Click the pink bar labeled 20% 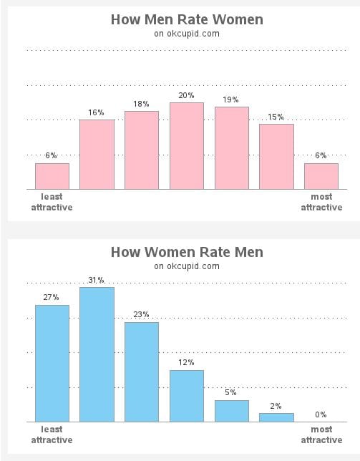[187, 146]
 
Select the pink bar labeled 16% [97, 155]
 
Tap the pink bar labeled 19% [232, 148]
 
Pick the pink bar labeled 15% [276, 157]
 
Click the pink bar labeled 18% [142, 150]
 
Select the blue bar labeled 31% [97, 354]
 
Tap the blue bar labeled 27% [52, 364]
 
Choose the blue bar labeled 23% [142, 372]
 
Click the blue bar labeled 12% [187, 396]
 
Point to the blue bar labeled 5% [232, 411]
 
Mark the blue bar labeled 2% [276, 417]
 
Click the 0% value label [321, 414]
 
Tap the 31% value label [97, 280]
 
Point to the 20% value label [187, 95]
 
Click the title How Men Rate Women [187, 19]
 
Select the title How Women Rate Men [187, 252]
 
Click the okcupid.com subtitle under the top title [187, 33]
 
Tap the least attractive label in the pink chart [52, 202]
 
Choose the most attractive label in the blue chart [321, 435]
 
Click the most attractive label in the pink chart [321, 202]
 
